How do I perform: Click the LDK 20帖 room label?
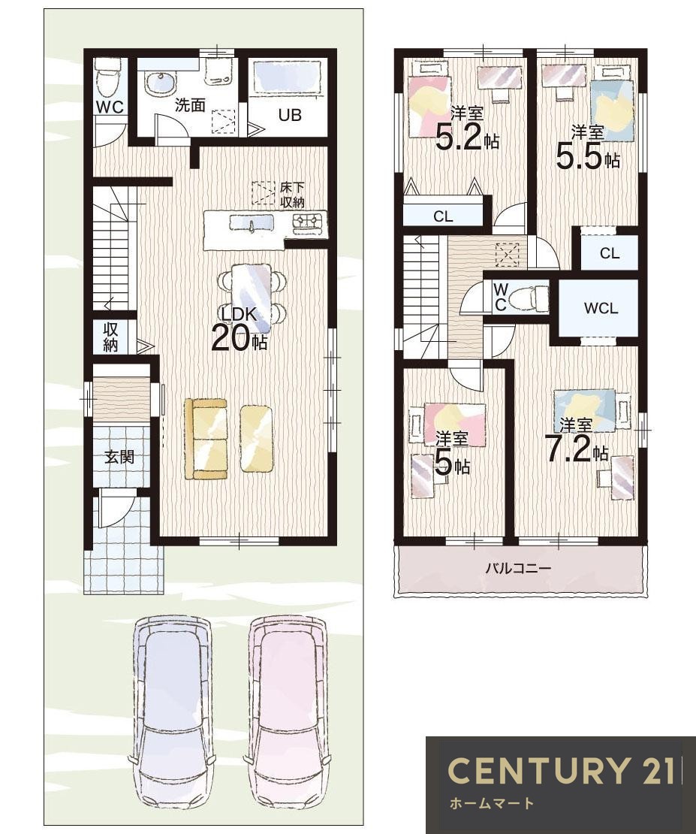(240, 329)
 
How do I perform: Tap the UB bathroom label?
(291, 114)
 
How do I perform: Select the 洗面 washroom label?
(190, 104)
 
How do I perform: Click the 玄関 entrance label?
(119, 456)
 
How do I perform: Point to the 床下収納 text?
(292, 195)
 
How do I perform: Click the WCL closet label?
(601, 308)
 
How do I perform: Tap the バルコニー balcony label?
(518, 568)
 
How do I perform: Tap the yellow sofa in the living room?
(206, 439)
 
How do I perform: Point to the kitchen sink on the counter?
(252, 223)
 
